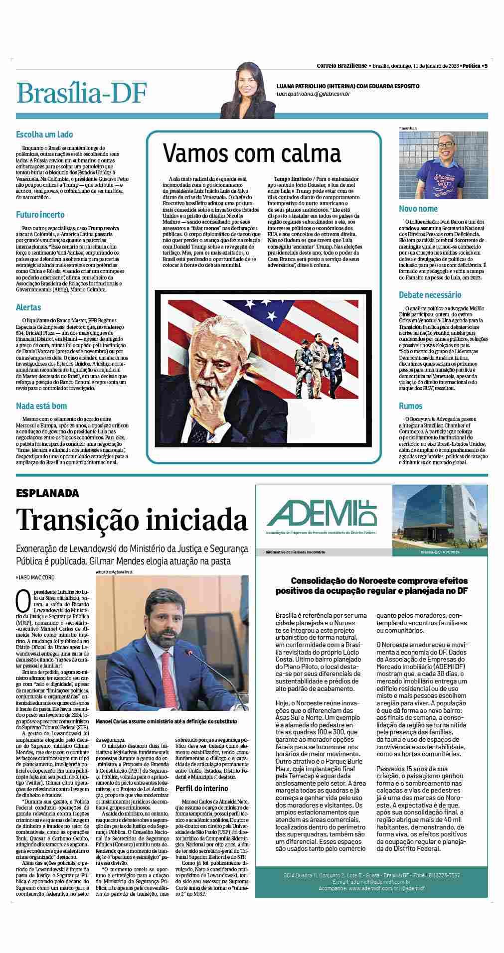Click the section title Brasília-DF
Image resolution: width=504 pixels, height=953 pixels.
coord(82,93)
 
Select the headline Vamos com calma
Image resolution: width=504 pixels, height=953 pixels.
coord(252,153)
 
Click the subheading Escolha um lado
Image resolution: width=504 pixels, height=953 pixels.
coord(44,135)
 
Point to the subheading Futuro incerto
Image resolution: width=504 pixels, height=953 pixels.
coord(40,215)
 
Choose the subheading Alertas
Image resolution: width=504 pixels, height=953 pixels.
coord(28,307)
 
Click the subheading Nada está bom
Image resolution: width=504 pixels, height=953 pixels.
coord(41,406)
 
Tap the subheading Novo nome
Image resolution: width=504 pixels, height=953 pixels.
coord(418,209)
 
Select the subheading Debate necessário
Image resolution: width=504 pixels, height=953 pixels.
coord(430,295)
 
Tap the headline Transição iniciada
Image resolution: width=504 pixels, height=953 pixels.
coord(132,520)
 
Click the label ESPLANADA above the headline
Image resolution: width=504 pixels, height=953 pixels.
coord(47,493)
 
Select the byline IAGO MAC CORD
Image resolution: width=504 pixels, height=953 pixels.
coord(38,576)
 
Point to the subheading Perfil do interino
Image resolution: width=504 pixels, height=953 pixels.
coord(202,788)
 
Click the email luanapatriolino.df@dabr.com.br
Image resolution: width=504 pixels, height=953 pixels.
coord(314,94)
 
